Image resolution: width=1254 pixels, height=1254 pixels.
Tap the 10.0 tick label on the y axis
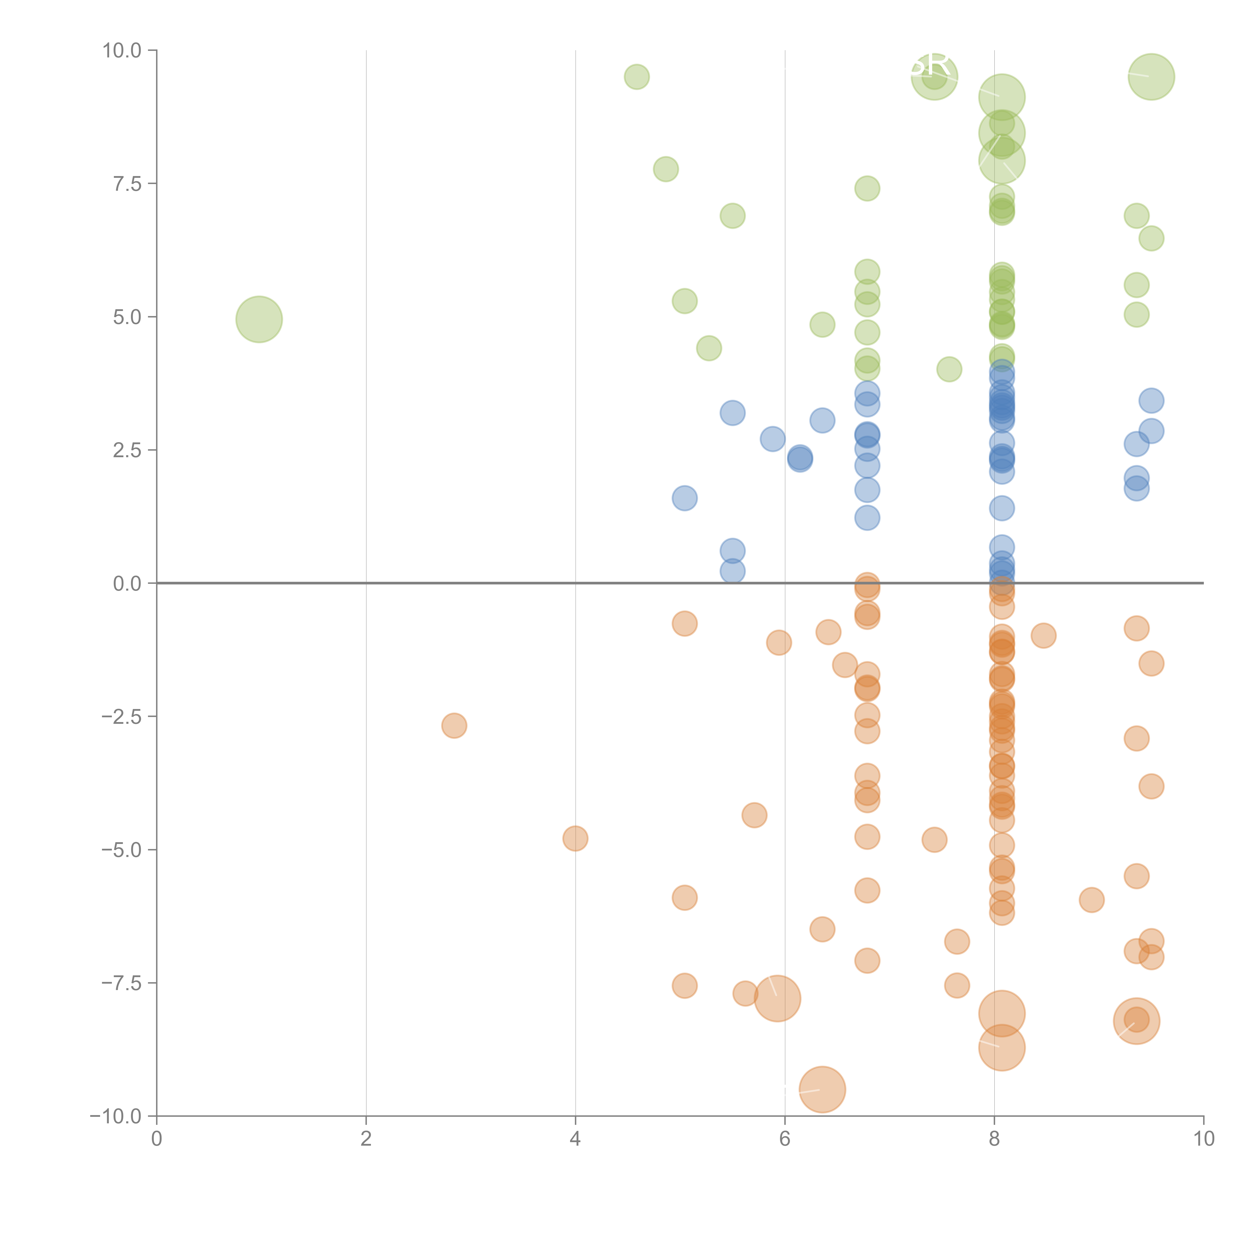(122, 51)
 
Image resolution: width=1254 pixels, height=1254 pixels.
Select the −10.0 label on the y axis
(116, 1116)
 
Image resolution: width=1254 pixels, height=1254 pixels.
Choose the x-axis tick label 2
(366, 1139)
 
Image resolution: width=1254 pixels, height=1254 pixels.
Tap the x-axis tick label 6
(785, 1139)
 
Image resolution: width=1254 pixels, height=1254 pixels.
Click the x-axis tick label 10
(1203, 1139)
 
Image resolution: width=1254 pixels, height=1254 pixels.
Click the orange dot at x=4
(575, 839)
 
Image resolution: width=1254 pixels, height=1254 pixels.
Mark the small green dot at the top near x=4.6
(637, 76)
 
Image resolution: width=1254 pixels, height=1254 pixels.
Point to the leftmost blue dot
(684, 498)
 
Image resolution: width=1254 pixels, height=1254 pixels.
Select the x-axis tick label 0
(156, 1139)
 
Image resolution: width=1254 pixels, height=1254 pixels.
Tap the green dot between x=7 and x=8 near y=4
(949, 369)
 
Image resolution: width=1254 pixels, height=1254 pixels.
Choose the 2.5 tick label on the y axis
(127, 450)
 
